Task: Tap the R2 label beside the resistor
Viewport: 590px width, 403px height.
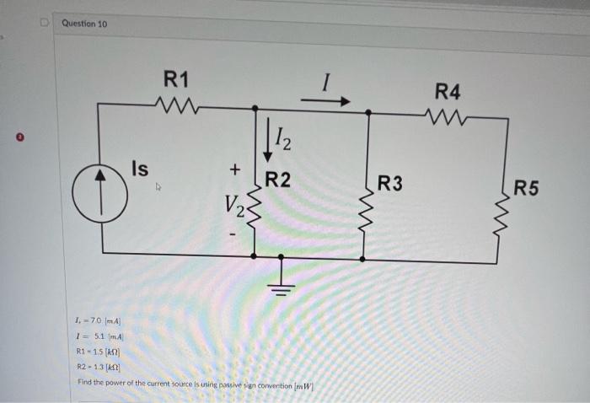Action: tap(278, 180)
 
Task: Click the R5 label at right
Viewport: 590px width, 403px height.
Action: tap(527, 187)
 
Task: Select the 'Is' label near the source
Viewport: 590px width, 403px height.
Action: tap(140, 169)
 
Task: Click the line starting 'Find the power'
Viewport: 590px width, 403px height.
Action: tap(195, 383)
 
